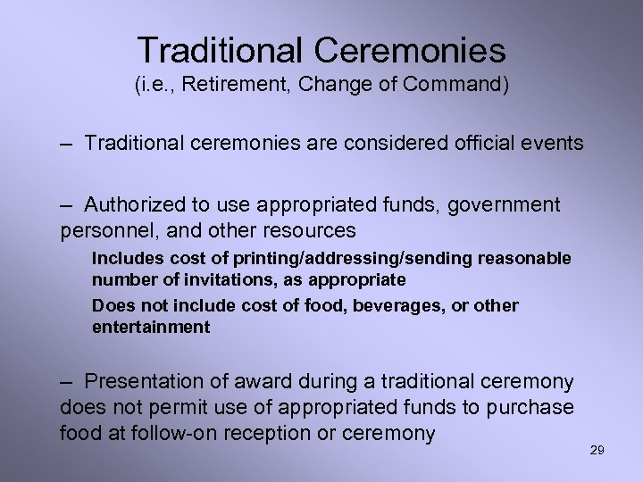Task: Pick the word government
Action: click(505, 205)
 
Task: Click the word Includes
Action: click(122, 258)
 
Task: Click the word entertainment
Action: click(151, 327)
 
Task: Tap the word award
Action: click(263, 382)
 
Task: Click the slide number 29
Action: click(597, 450)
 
